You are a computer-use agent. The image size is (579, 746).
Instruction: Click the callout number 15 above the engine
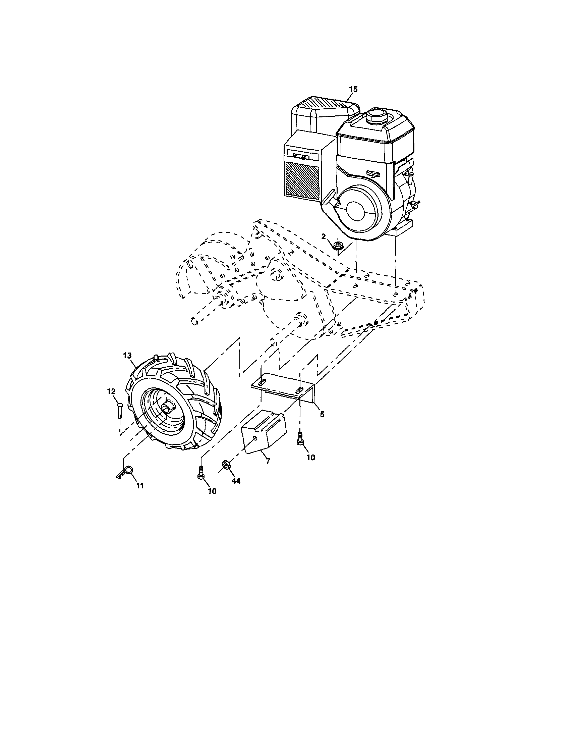[353, 89]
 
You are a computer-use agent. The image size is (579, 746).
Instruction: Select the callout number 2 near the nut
[323, 237]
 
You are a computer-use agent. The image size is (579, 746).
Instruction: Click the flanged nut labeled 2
[339, 245]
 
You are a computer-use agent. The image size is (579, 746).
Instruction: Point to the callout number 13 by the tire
[127, 356]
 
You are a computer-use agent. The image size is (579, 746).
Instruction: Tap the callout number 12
[111, 391]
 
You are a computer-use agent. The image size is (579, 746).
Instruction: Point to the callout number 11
[140, 486]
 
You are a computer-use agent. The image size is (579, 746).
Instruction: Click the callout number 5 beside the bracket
[322, 414]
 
